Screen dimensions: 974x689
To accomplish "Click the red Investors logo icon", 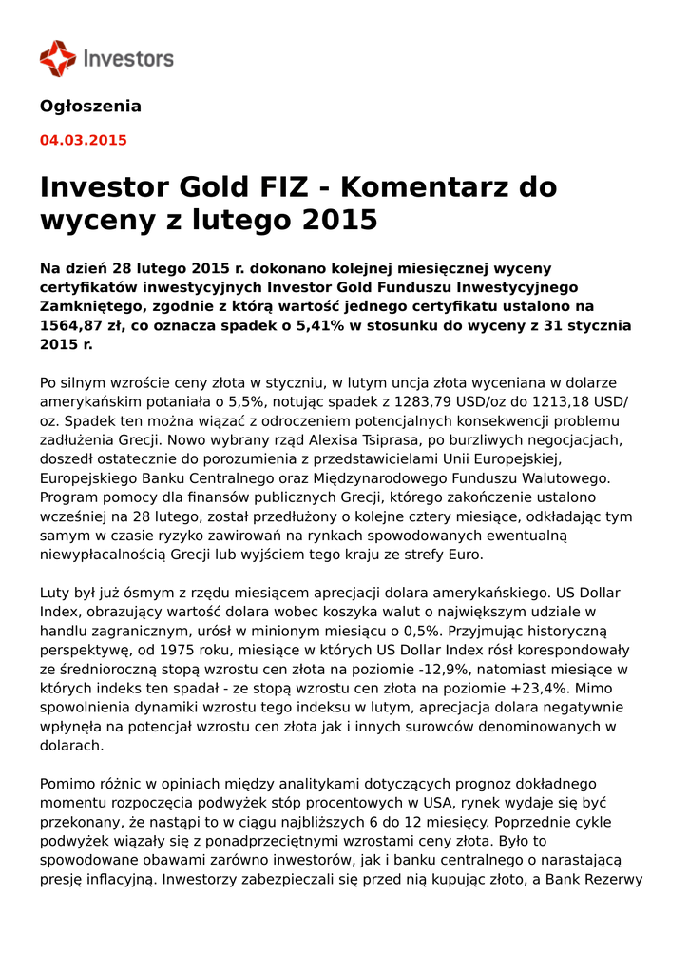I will click(x=57, y=58).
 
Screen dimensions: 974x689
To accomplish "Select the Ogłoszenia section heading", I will click(x=90, y=107).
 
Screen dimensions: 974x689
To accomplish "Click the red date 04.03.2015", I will click(x=83, y=141).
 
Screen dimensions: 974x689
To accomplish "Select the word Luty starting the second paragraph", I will click(x=55, y=593).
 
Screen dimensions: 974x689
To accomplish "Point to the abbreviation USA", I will click(x=411, y=803).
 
